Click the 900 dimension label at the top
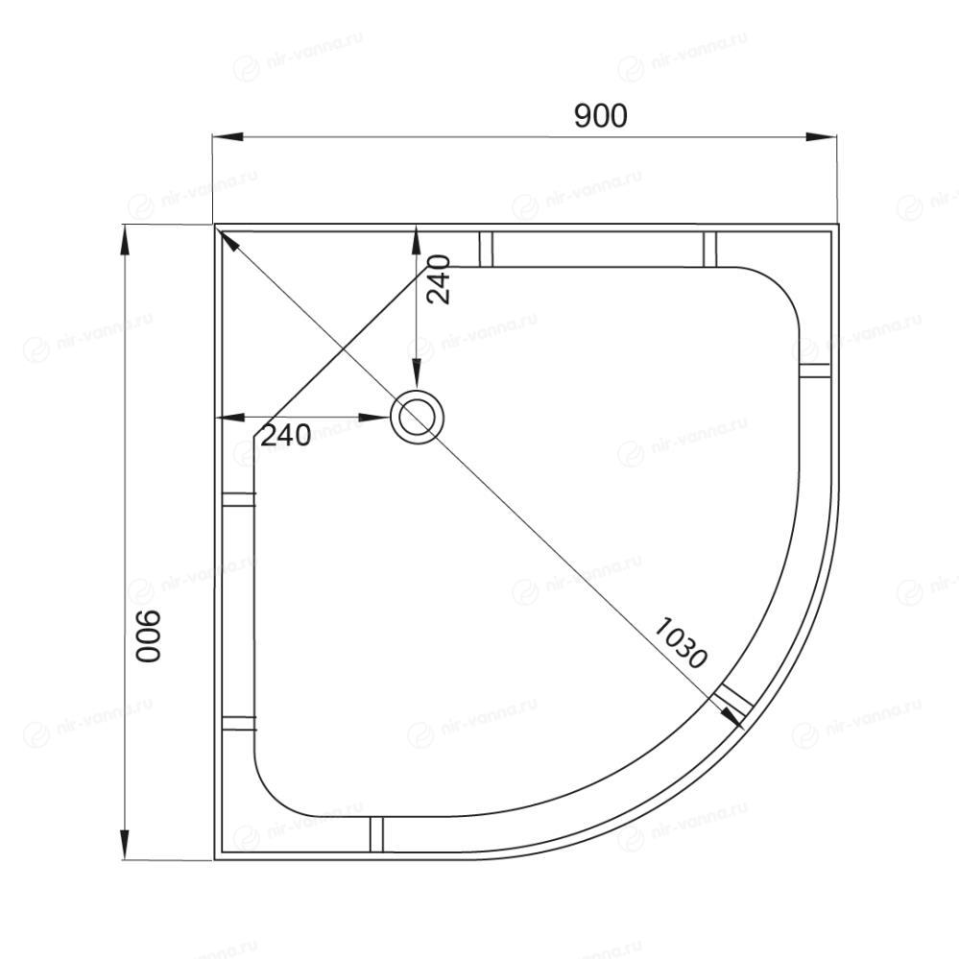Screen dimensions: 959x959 click(601, 115)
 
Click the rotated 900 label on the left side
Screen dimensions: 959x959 click(148, 636)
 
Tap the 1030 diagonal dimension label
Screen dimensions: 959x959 click(681, 643)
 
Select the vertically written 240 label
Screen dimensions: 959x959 click(439, 279)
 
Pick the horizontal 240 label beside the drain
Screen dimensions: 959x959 click(286, 435)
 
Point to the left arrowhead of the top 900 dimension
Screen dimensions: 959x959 click(228, 136)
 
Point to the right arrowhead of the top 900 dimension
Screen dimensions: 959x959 click(822, 136)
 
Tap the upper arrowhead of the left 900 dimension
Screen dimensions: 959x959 click(125, 240)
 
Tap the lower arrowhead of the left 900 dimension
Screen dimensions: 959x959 click(125, 844)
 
